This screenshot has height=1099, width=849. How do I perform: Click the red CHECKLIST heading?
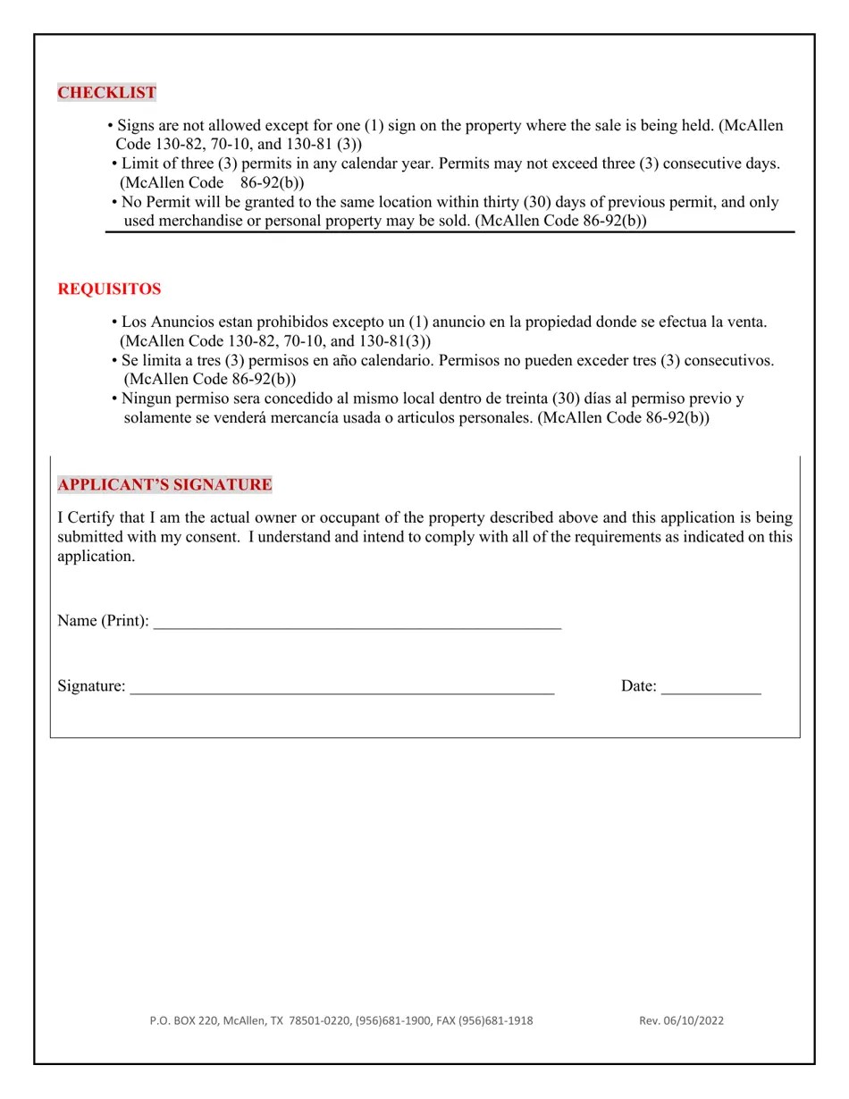click(107, 93)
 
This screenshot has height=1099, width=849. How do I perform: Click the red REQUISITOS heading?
click(109, 289)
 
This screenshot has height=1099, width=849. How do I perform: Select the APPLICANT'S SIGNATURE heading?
click(164, 485)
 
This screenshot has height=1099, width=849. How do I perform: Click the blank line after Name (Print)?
click(357, 622)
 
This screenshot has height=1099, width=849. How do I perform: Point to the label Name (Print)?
click(103, 621)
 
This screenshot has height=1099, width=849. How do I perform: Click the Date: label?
click(639, 686)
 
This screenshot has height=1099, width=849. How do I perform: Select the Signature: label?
click(91, 686)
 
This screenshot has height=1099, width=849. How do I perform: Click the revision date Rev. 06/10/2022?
click(681, 1020)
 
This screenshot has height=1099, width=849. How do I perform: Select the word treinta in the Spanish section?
click(522, 398)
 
